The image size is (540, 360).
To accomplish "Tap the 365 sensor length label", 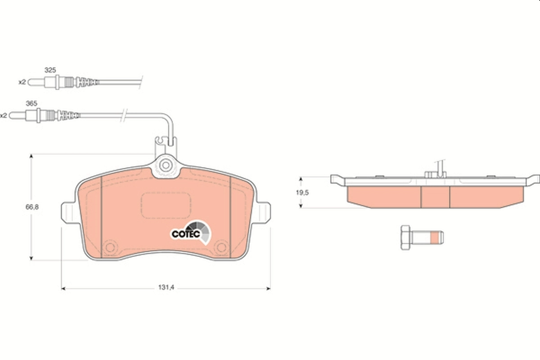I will [31, 103].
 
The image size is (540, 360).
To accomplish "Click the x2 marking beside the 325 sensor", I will [22, 82].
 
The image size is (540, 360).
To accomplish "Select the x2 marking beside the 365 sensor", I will [4, 115].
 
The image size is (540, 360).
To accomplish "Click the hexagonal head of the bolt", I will [405, 237].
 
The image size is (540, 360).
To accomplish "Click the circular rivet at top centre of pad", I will [166, 165].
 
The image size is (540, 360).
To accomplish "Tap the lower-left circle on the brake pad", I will [109, 247].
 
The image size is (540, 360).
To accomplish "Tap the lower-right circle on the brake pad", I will [221, 247].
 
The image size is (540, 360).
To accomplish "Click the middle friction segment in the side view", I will [435, 197].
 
